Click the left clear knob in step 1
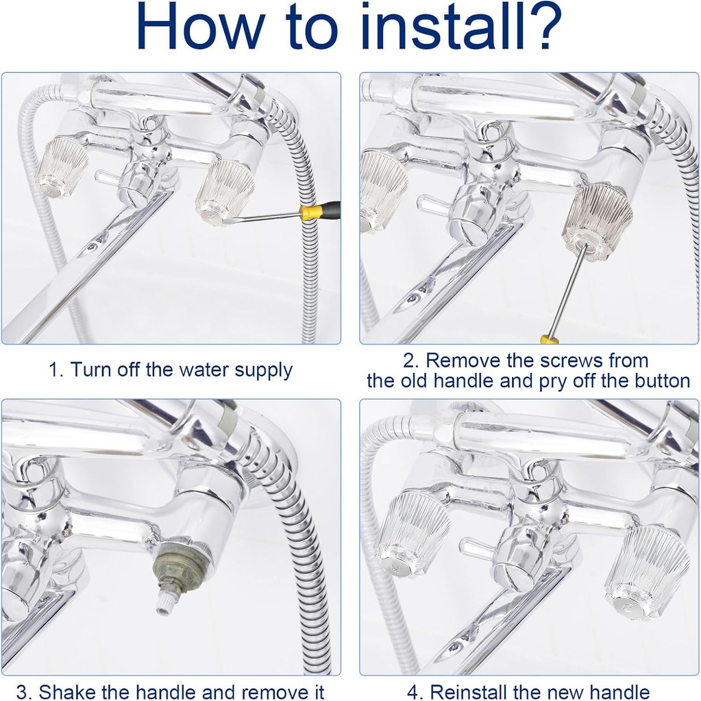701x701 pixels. click(62, 168)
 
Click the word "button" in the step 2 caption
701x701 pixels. click(663, 381)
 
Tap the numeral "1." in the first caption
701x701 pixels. click(56, 370)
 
